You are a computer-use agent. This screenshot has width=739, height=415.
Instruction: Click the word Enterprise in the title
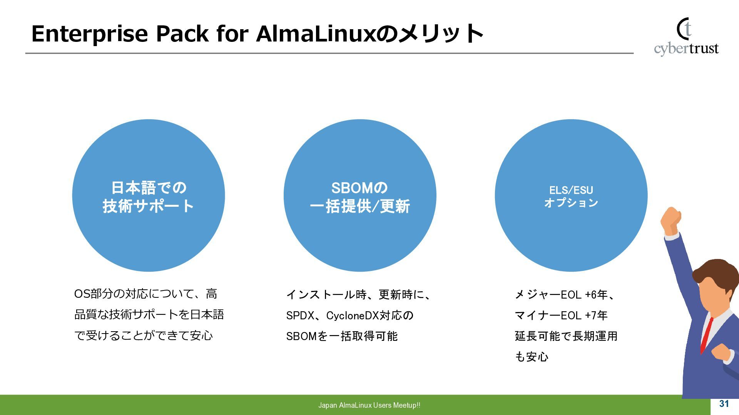pyautogui.click(x=89, y=34)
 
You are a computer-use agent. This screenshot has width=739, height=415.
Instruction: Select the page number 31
pyautogui.click(x=724, y=403)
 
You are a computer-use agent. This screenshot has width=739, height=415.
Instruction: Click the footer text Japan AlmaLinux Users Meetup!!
pyautogui.click(x=369, y=405)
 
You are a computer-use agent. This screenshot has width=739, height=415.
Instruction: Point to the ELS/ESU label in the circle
pyautogui.click(x=571, y=190)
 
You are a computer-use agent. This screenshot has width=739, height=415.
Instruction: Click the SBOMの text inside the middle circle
pyautogui.click(x=359, y=188)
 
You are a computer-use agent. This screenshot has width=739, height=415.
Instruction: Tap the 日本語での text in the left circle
pyautogui.click(x=149, y=188)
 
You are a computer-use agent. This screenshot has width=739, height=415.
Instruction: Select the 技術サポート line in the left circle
pyautogui.click(x=148, y=206)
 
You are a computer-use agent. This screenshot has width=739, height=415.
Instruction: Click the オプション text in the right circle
pyautogui.click(x=571, y=203)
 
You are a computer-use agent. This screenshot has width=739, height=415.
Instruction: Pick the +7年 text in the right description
pyautogui.click(x=596, y=315)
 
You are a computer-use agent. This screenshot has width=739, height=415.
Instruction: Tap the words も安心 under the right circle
pyautogui.click(x=532, y=357)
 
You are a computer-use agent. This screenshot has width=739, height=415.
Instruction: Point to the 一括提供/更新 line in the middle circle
pyautogui.click(x=360, y=206)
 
